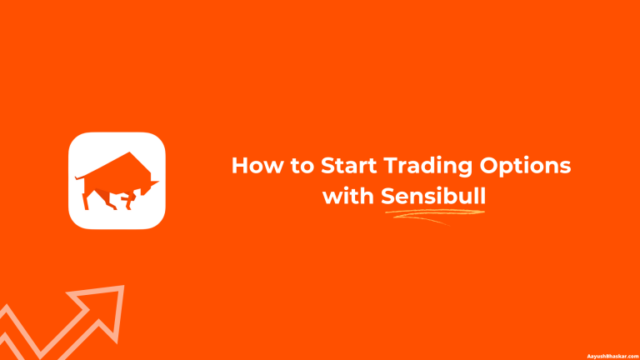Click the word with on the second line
pyautogui.click(x=348, y=197)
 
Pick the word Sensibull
pyautogui.click(x=433, y=197)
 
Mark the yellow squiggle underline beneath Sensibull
pyautogui.click(x=433, y=215)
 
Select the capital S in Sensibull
pyautogui.click(x=388, y=197)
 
